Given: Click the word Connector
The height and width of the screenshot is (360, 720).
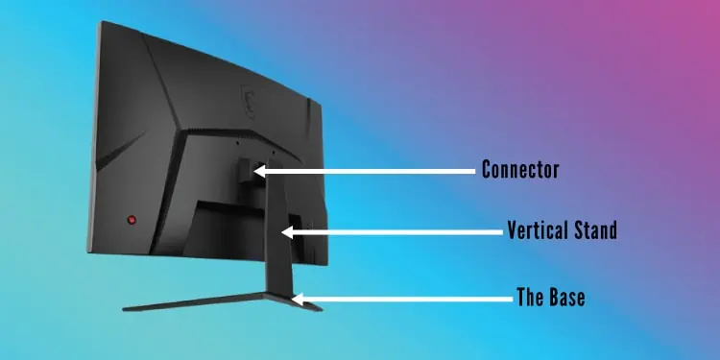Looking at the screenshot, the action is (520, 171).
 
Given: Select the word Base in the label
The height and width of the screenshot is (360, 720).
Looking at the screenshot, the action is (564, 298).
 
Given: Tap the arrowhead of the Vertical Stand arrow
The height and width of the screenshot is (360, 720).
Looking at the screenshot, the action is (287, 231).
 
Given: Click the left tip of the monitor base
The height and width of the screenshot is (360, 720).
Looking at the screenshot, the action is (126, 309).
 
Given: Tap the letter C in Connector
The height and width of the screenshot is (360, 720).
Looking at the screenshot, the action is (487, 171).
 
